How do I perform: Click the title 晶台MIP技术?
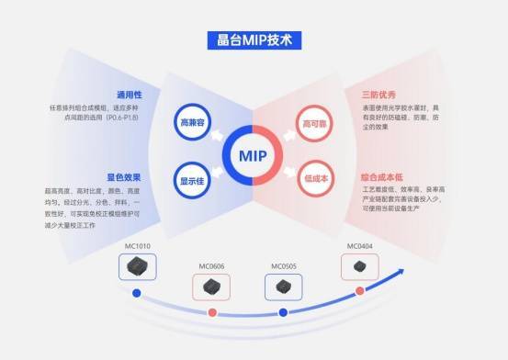(x=253, y=40)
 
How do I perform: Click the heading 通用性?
(x=128, y=94)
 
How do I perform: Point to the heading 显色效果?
(x=122, y=177)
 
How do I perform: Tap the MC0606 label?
(x=211, y=266)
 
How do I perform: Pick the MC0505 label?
(x=283, y=266)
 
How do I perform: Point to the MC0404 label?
(x=358, y=245)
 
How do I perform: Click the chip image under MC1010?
(x=138, y=267)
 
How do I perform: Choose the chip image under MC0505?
(x=283, y=287)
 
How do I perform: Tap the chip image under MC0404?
(x=358, y=266)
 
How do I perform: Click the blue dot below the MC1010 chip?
(x=137, y=294)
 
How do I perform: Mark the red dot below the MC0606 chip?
(x=212, y=313)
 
